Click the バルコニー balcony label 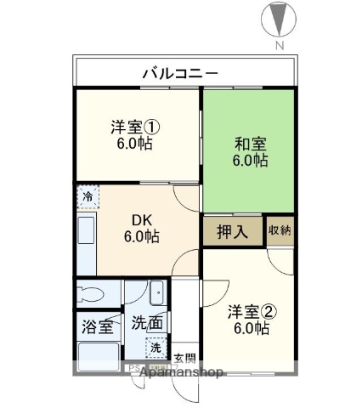pyautogui.click(x=179, y=71)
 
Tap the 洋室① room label pyautogui.click(x=135, y=128)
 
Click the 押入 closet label pyautogui.click(x=232, y=232)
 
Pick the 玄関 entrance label pyautogui.click(x=185, y=357)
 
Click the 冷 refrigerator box pyautogui.click(x=88, y=198)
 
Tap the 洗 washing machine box pyautogui.click(x=156, y=348)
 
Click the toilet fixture pyautogui.click(x=89, y=295)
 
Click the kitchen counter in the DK pyautogui.click(x=87, y=239)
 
